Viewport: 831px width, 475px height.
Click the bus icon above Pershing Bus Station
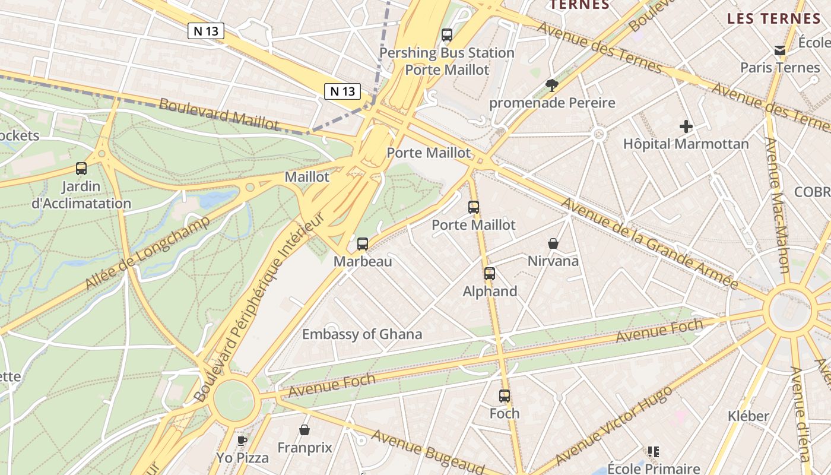[x=447, y=35]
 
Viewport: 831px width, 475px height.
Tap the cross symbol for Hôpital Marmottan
[x=686, y=126]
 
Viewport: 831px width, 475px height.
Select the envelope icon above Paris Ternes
[x=780, y=50]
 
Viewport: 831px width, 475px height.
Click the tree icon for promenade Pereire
[x=552, y=85]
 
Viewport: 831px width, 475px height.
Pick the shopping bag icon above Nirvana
[x=553, y=243]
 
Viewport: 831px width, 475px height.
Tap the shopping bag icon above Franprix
[x=305, y=430]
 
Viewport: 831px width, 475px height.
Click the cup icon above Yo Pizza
[x=242, y=440]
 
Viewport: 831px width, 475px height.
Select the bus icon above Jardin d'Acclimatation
[x=81, y=169]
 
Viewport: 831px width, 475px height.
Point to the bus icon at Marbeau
[x=363, y=243]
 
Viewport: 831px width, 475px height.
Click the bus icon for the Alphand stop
[x=490, y=274]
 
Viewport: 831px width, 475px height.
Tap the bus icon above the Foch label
[x=505, y=396]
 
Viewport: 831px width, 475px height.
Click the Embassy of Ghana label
[x=362, y=334]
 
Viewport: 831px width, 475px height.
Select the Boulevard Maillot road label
[x=218, y=113]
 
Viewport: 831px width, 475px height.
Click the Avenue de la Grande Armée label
[x=649, y=243]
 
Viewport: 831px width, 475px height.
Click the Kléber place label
[x=748, y=416]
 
